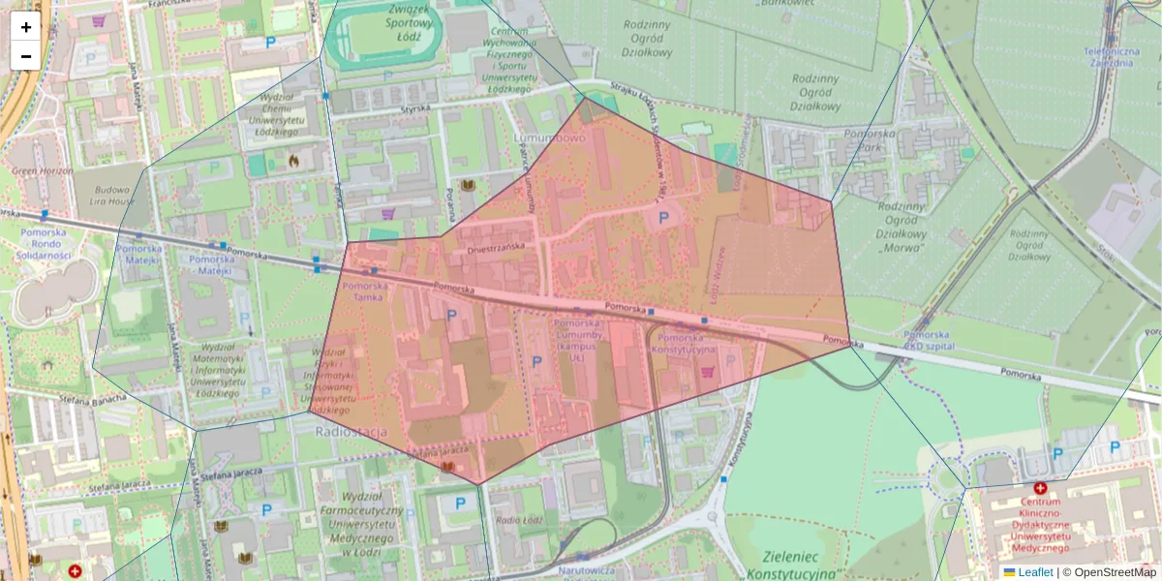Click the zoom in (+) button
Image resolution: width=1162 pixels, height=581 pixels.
26,27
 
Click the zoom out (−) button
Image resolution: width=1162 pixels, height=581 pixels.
26,56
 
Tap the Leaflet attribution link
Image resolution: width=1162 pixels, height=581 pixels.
1034,572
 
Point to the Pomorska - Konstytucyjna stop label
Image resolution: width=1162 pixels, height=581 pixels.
685,343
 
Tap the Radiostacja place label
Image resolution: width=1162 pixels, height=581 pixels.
352,431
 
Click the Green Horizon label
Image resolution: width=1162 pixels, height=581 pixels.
43,171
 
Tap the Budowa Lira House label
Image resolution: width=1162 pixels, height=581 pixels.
107,196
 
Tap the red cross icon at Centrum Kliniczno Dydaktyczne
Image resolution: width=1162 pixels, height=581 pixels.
1041,489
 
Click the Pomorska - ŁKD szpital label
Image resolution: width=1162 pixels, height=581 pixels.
928,340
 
